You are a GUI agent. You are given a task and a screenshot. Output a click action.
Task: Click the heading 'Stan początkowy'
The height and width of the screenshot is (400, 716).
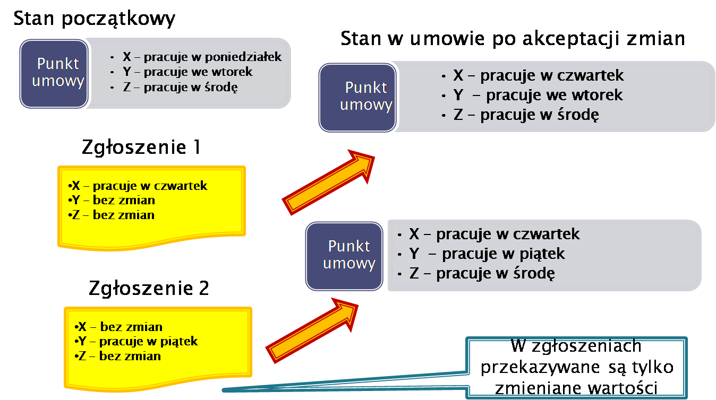(94, 19)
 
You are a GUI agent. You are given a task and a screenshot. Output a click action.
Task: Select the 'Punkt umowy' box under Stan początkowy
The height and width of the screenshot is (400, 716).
(53, 73)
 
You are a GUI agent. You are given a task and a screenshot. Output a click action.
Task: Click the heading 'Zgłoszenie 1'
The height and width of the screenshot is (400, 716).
(141, 147)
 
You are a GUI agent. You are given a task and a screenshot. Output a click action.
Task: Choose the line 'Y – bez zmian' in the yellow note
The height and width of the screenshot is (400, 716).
(112, 201)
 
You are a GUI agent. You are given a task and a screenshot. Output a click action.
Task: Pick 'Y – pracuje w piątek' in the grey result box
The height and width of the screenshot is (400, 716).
(487, 254)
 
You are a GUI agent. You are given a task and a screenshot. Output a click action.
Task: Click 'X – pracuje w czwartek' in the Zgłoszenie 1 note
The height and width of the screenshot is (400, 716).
(138, 186)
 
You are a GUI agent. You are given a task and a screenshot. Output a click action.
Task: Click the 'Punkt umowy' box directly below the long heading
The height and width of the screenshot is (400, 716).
(357, 97)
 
